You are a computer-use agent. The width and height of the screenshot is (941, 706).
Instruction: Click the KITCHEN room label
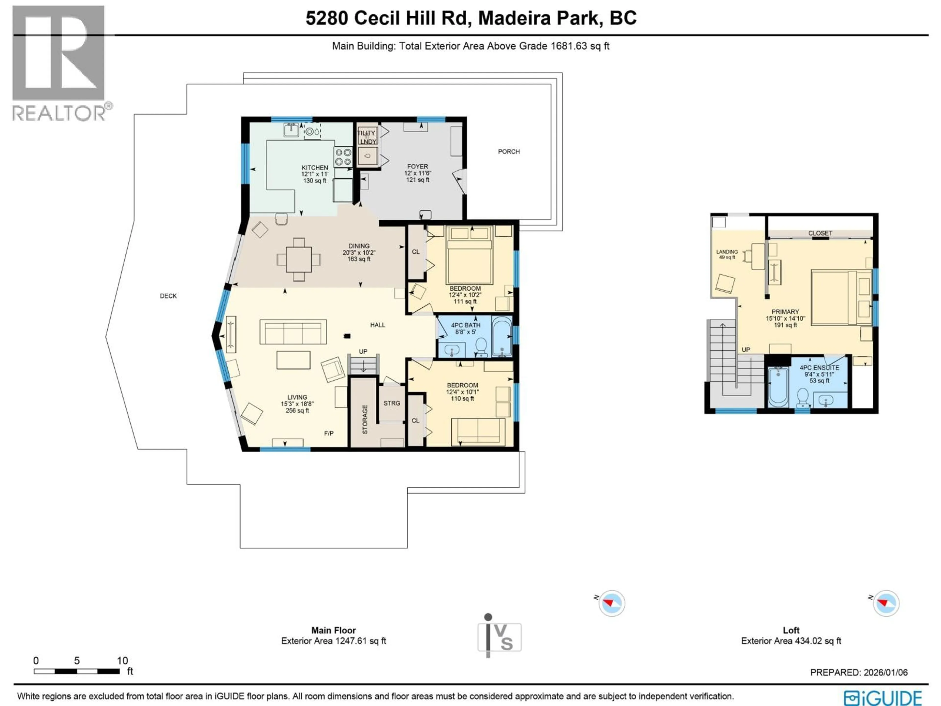(x=315, y=168)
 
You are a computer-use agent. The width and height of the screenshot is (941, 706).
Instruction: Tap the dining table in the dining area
(x=299, y=259)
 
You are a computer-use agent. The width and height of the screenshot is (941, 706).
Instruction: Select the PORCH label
(x=509, y=151)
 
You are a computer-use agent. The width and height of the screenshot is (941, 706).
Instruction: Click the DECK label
(x=168, y=296)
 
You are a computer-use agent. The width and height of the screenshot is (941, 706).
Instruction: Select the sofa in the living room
(x=293, y=332)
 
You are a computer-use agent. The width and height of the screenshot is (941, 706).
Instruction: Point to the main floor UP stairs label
(x=363, y=352)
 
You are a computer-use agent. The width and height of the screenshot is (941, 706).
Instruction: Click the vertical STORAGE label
(x=365, y=420)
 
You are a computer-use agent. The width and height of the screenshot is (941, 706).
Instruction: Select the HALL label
(x=377, y=325)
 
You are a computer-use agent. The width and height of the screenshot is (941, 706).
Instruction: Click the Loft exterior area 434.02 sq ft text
(x=791, y=641)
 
